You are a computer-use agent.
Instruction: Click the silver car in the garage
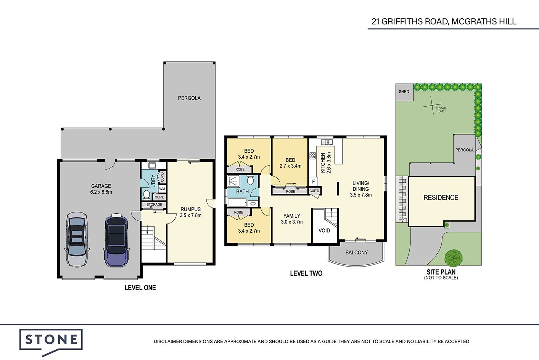[x=77, y=239]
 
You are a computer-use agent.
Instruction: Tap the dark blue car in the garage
[x=116, y=240]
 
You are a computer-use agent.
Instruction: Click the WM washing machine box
[x=162, y=189]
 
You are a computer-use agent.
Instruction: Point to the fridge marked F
[x=313, y=182]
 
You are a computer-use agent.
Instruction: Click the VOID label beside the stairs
[x=324, y=231]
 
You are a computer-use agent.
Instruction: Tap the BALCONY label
[x=357, y=252]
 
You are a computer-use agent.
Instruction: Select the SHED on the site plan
[x=404, y=92]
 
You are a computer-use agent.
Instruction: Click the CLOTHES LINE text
[x=441, y=110]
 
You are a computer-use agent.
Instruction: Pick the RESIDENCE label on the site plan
[x=441, y=198]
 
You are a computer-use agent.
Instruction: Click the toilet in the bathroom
[x=250, y=180]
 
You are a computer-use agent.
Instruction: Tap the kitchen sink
[x=327, y=142]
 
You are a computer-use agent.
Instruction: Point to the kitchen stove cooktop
[x=312, y=156]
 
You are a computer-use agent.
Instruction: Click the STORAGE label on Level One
[x=154, y=204]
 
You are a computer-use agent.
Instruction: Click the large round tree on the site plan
[x=454, y=258]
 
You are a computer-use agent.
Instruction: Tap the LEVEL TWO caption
[x=306, y=273]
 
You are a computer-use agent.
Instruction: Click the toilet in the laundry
[x=146, y=195]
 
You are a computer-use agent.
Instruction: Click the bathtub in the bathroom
[x=238, y=202]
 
